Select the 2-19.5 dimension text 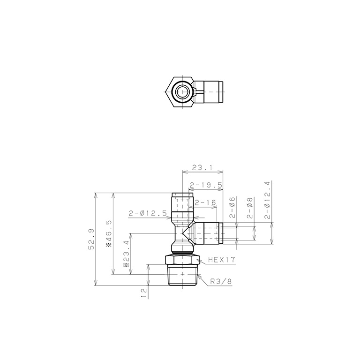[x=206, y=185]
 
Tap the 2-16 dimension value [x=205, y=202]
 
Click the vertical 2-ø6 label [x=232, y=208]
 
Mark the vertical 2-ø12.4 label [x=268, y=200]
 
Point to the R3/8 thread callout [x=221, y=281]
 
